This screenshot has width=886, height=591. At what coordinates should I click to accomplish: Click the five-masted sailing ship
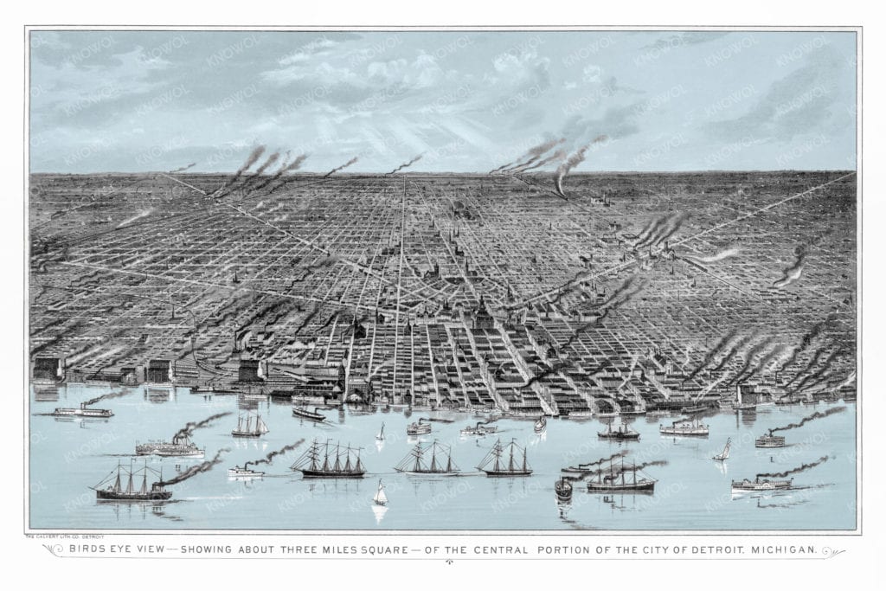pos(329,462)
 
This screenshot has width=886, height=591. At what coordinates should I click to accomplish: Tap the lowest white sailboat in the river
pos(379,497)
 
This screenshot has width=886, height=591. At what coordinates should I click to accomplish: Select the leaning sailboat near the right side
pos(722,451)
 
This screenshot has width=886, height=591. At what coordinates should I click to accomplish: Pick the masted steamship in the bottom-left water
pos(132,485)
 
